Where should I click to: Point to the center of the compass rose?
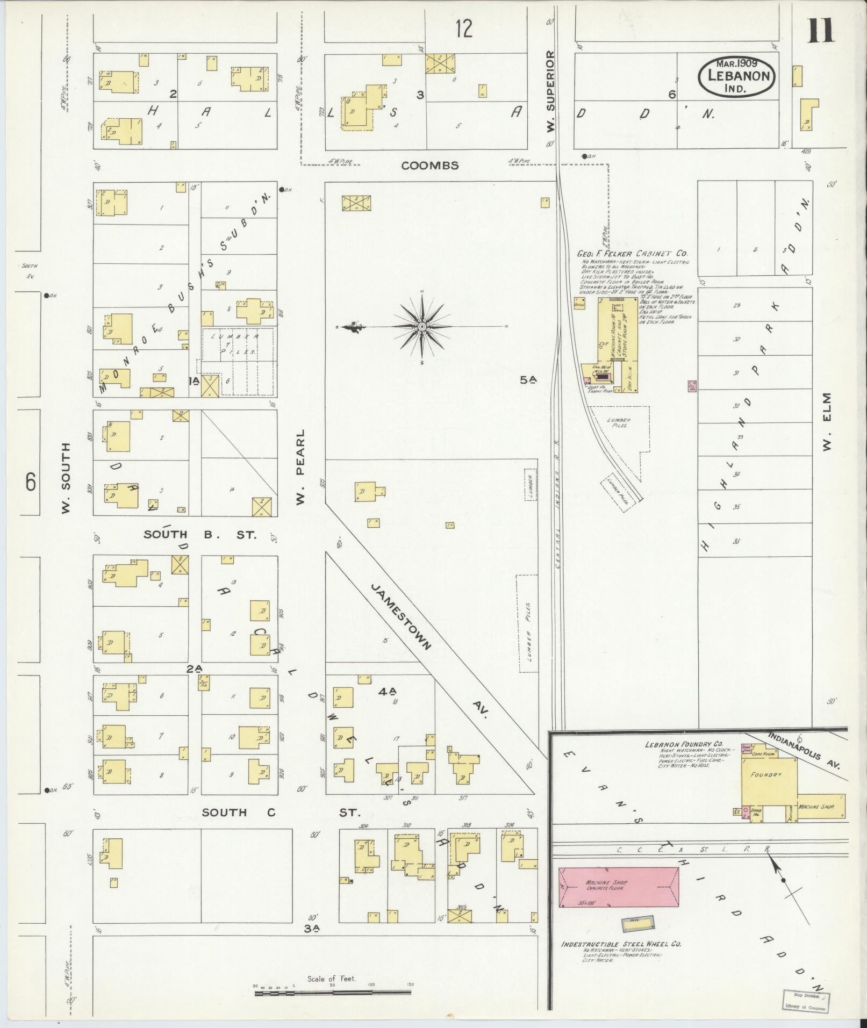click(422, 327)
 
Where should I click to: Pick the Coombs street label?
click(430, 166)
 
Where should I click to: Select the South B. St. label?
click(200, 535)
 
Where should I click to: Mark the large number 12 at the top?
click(463, 28)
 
